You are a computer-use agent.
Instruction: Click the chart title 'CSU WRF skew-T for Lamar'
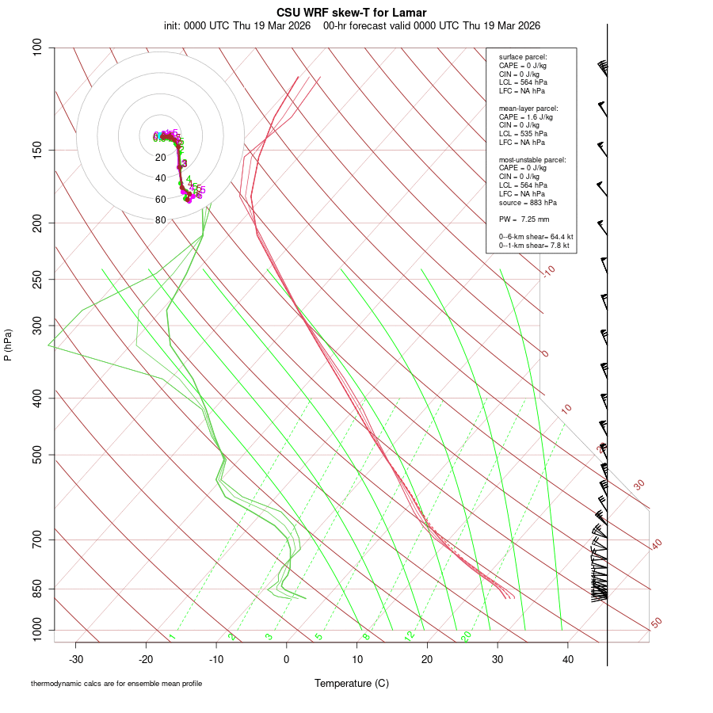352,13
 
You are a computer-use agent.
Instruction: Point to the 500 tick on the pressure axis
38,455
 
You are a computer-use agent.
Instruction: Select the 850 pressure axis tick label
38,589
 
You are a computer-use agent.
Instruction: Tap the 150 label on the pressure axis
38,150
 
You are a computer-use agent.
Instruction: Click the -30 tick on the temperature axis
76,658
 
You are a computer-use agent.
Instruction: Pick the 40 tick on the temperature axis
567,658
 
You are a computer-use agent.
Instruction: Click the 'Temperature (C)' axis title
352,683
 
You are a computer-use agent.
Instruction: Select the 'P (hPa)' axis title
8,345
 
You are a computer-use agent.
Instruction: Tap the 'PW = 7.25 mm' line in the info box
524,219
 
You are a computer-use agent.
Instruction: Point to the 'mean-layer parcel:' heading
528,108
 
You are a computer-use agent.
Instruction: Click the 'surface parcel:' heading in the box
523,56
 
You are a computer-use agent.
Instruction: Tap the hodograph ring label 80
161,220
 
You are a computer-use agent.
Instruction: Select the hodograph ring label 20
161,158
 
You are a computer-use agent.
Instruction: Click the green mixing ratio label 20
467,636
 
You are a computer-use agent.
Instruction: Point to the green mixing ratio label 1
172,636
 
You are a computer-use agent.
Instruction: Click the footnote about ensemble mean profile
116,684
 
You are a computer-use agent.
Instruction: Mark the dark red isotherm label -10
548,271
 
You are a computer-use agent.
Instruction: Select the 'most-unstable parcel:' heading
532,159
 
